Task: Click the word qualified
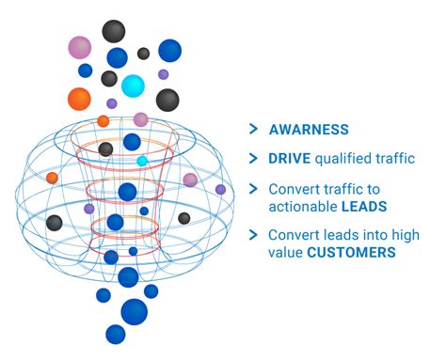pos(347,159)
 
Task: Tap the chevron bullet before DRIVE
pos(252,159)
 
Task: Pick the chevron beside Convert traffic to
pos(252,188)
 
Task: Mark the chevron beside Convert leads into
pos(252,234)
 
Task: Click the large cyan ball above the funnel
pos(134,86)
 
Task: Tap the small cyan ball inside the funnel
pos(142,161)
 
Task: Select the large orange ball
pos(80,98)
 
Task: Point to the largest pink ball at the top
pos(80,47)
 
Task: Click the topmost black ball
pos(114,31)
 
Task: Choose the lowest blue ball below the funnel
pos(116,334)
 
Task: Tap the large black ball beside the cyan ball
pos(167,100)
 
